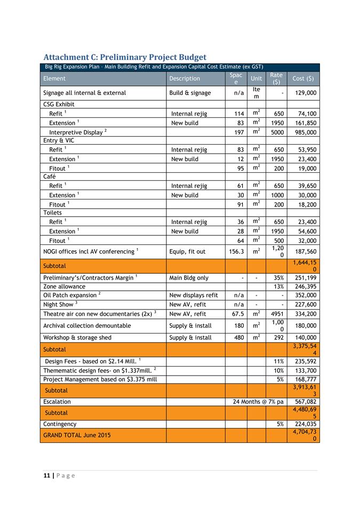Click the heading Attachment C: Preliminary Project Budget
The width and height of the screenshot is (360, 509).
point(125,57)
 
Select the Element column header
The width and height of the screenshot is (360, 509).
point(54,78)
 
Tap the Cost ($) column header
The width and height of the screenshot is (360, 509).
point(303,78)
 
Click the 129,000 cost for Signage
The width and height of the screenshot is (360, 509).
point(305,93)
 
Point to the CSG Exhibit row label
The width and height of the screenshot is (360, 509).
point(59,105)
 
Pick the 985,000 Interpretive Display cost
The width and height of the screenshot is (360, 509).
point(305,132)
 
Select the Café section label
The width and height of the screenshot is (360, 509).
point(50,177)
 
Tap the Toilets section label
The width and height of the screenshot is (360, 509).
point(53,212)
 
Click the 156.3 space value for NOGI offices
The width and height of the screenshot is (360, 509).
point(234,252)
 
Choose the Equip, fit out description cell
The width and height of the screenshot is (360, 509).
point(187,252)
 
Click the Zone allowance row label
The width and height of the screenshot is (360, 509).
point(64,287)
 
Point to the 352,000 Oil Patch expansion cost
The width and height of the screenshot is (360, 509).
point(305,295)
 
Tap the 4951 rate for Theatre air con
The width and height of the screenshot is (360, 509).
point(276,314)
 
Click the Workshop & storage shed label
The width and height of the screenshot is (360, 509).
point(77,338)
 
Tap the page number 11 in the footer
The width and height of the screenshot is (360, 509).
point(46,476)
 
